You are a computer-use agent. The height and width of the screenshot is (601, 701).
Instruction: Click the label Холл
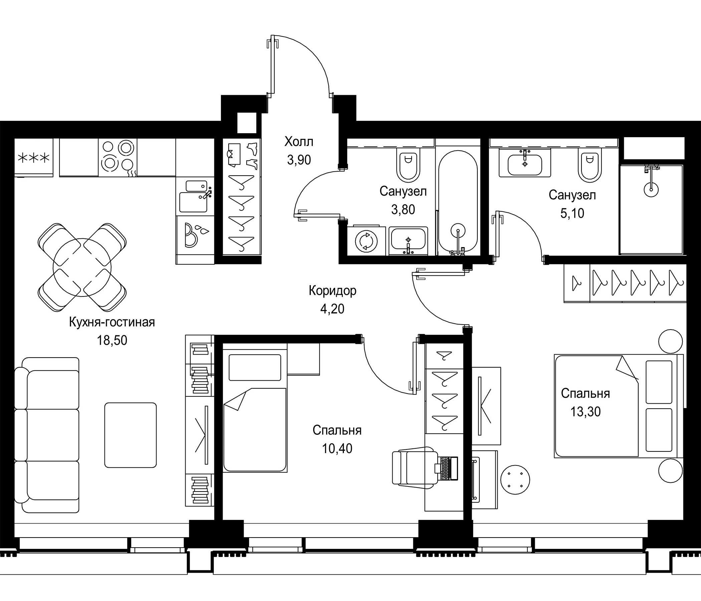click(x=299, y=142)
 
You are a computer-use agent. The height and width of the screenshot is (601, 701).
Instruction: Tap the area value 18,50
click(x=112, y=340)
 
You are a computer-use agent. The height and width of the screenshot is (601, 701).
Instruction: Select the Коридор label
click(x=332, y=290)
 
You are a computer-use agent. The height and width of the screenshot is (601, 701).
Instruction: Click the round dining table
click(x=82, y=267)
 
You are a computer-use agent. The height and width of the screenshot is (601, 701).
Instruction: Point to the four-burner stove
click(x=118, y=157)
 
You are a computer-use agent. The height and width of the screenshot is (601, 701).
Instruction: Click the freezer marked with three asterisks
click(x=33, y=157)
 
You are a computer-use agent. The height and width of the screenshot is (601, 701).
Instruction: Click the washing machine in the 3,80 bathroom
click(x=367, y=240)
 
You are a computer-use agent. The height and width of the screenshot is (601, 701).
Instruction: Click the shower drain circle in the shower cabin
click(x=651, y=190)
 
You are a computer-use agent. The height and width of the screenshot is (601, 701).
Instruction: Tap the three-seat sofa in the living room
click(x=47, y=435)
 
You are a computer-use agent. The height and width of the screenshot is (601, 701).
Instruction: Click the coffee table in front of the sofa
click(x=130, y=435)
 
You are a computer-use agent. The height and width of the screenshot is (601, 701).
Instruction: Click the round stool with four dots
click(x=515, y=479)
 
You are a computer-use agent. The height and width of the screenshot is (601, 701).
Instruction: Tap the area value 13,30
click(x=585, y=411)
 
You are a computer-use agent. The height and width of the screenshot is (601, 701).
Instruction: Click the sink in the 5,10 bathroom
click(x=525, y=163)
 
